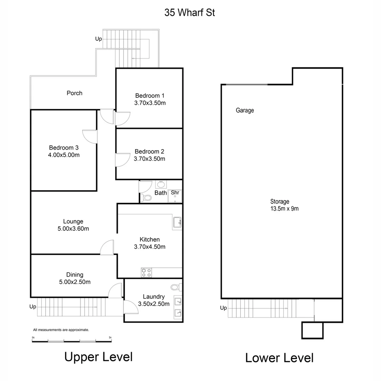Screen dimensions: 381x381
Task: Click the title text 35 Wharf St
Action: tap(189, 13)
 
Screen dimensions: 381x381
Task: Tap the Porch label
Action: tap(74, 93)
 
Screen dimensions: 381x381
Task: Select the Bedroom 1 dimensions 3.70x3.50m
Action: tap(150, 103)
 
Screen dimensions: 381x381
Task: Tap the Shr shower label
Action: tap(175, 193)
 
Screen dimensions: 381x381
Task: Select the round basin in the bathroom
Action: tap(161, 184)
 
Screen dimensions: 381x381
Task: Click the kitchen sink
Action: tap(177, 222)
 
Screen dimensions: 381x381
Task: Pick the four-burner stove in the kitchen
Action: tap(146, 272)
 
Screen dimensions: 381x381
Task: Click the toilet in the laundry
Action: tap(175, 286)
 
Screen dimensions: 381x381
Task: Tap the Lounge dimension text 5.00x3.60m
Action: tap(73, 229)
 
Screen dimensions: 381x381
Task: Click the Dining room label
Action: tap(75, 274)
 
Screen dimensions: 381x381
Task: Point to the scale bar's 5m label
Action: tap(110, 338)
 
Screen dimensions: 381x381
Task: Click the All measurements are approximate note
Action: tap(61, 330)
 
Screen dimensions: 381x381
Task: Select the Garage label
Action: tap(245, 110)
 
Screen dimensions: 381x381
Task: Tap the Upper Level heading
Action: tap(98, 357)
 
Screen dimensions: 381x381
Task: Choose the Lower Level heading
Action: tap(279, 358)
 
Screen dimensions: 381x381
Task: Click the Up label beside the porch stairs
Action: tap(98, 39)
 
